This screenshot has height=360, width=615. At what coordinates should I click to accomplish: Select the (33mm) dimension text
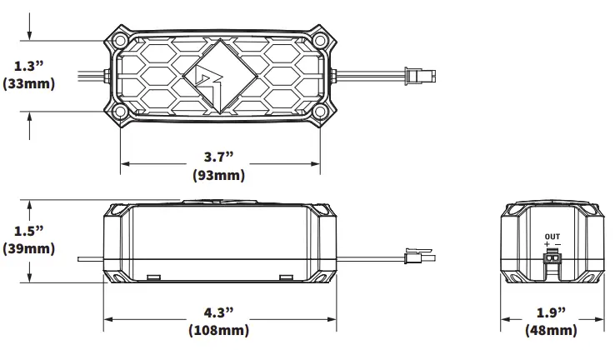29,84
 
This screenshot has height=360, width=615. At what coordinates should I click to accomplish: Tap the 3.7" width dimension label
221,157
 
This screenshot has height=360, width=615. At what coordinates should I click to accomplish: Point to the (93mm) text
221,175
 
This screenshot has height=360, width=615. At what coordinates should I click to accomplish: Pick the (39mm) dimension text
29,248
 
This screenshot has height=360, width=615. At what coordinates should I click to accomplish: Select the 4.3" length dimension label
221,312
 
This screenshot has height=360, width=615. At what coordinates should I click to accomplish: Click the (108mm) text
221,331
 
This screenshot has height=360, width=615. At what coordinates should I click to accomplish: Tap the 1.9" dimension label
551,312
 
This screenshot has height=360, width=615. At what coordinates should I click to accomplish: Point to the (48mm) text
551,331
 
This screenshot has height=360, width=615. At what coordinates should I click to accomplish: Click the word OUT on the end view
552,237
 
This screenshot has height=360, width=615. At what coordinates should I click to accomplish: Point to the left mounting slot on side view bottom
153,277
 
